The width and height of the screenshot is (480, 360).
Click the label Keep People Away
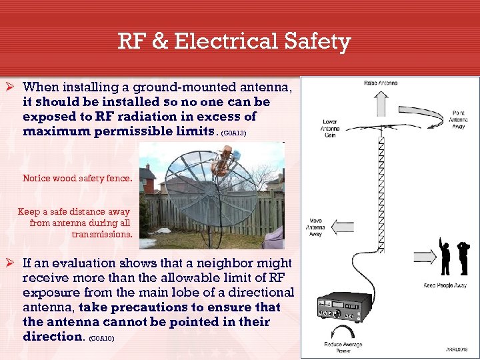click(445, 285)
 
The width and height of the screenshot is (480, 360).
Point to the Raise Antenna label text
click(381, 83)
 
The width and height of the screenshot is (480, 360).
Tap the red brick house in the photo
click(148, 179)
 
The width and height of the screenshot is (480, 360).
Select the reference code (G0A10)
click(101, 339)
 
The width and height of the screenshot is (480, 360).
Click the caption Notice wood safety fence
click(77, 179)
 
